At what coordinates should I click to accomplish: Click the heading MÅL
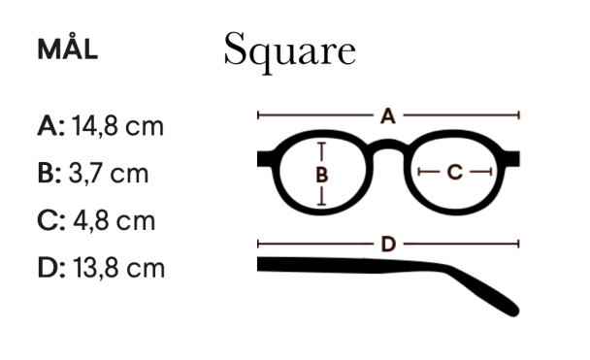67,50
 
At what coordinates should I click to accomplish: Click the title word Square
289,50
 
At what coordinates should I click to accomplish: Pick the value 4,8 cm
114,220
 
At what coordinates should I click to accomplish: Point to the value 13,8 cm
118,268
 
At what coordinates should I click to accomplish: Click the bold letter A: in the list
50,126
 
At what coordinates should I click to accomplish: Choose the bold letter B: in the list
49,174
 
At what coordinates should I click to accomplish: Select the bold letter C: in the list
50,220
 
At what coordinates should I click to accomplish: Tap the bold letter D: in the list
50,268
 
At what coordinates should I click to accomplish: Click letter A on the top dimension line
388,116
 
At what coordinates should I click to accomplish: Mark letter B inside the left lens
322,175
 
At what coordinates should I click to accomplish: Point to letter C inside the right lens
456,173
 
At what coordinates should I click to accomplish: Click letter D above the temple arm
388,243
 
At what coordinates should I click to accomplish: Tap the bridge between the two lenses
388,147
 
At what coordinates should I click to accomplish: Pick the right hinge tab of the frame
514,158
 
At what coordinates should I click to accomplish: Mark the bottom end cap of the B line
322,204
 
